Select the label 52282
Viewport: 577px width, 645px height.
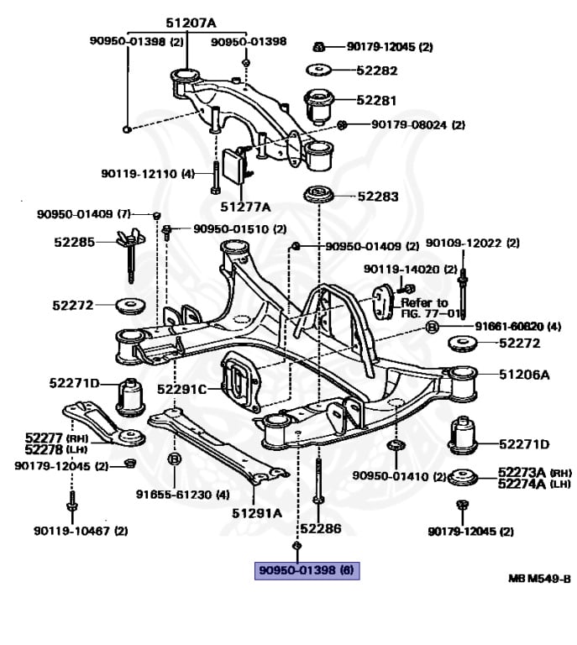coord(377,71)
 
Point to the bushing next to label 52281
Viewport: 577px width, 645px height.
coord(319,104)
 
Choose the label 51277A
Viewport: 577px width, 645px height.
coord(245,206)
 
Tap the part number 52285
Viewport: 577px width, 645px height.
coord(75,242)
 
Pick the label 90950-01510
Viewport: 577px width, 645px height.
coord(239,228)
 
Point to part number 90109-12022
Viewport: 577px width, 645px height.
coord(473,243)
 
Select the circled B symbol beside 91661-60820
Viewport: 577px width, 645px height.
coord(432,327)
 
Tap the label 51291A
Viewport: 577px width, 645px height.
coord(257,511)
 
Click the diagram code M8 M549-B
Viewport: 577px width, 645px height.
coord(539,579)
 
